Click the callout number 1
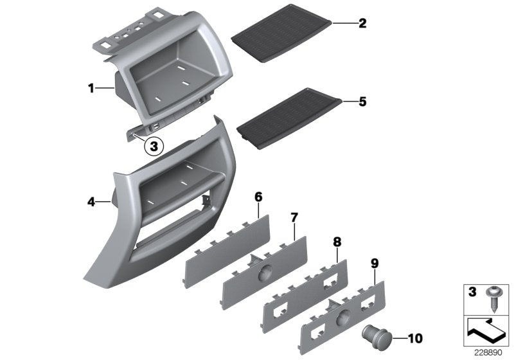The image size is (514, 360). (x=91, y=87)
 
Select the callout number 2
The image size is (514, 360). (x=362, y=24)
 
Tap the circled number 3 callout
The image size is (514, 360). (x=153, y=147)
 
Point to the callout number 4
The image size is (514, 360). (x=91, y=202)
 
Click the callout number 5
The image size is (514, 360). (x=362, y=101)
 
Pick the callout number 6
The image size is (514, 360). (x=258, y=195)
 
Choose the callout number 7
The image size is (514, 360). (x=294, y=218)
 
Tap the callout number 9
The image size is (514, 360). (x=375, y=263)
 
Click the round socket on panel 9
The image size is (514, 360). (x=342, y=317)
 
